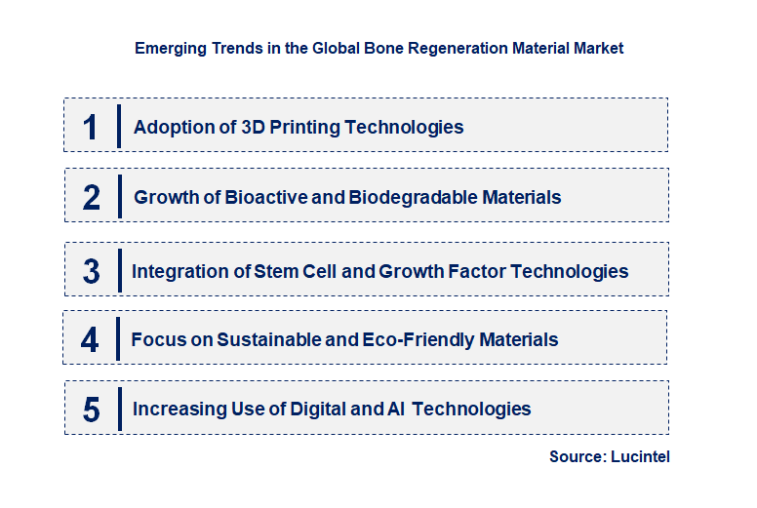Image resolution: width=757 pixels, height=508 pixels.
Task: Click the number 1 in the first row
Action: click(91, 127)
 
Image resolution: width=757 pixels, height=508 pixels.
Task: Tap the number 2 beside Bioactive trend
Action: click(92, 198)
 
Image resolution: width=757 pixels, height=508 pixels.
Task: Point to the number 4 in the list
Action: click(90, 340)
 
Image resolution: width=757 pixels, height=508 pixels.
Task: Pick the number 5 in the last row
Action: click(91, 410)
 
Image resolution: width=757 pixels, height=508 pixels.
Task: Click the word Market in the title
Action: click(598, 47)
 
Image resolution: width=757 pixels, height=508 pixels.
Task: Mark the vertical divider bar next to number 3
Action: click(119, 270)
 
